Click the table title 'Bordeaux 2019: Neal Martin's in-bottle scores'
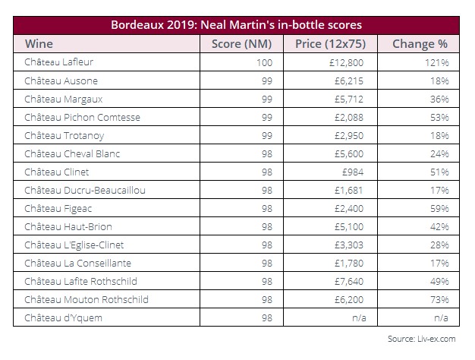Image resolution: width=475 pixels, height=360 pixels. pos(236,25)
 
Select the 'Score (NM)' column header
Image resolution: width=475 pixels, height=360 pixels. pos(241,44)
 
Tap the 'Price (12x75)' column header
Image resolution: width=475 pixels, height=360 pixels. pos(331,44)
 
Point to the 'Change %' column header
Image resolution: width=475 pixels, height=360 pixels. pos(420,44)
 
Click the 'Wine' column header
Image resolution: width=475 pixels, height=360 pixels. pos(39,44)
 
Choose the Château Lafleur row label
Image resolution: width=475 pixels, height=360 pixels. pos(58,62)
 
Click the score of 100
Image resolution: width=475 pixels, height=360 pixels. pos(265,63)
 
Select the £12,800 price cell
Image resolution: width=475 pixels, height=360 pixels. pos(346,63)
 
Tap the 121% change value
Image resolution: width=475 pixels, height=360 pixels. pos(436,63)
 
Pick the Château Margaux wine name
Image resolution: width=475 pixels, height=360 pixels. pos(64,99)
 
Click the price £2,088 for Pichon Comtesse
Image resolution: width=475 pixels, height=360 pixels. pos(349,118)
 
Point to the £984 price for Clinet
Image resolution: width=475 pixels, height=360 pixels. pos(353,172)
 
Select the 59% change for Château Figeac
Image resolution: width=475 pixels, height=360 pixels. pos(439,208)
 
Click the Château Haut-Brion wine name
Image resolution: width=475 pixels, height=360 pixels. pos(68,226)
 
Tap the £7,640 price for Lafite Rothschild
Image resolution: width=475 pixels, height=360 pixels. pos(349,281)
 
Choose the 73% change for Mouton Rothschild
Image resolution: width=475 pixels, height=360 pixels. pos(439,299)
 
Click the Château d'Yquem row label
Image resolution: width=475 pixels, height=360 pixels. pos(63,317)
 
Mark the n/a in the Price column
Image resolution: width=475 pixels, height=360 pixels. pos(359,317)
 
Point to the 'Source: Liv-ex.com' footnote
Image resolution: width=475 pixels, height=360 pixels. pos(422,339)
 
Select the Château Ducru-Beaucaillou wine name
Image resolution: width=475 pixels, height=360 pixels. pos(85,190)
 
